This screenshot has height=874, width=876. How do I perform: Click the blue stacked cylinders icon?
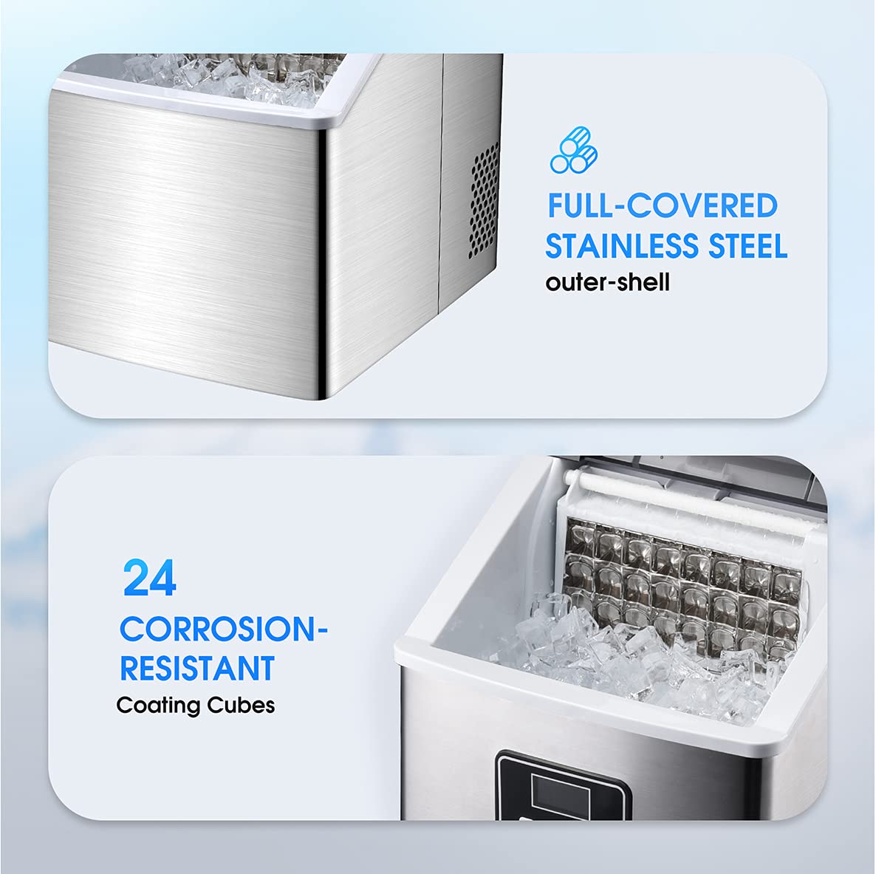click(574, 150)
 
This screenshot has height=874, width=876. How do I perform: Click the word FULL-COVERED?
click(663, 205)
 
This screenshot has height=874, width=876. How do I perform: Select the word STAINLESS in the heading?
click(622, 246)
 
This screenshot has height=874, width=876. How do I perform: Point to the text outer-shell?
click(607, 282)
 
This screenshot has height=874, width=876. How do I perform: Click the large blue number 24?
click(150, 578)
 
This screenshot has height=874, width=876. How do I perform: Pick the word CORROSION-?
click(224, 629)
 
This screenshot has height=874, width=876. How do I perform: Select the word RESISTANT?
click(197, 668)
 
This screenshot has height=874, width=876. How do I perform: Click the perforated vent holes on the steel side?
click(483, 201)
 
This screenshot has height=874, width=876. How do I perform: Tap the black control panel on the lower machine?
click(563, 785)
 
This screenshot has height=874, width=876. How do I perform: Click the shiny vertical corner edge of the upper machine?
click(322, 263)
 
